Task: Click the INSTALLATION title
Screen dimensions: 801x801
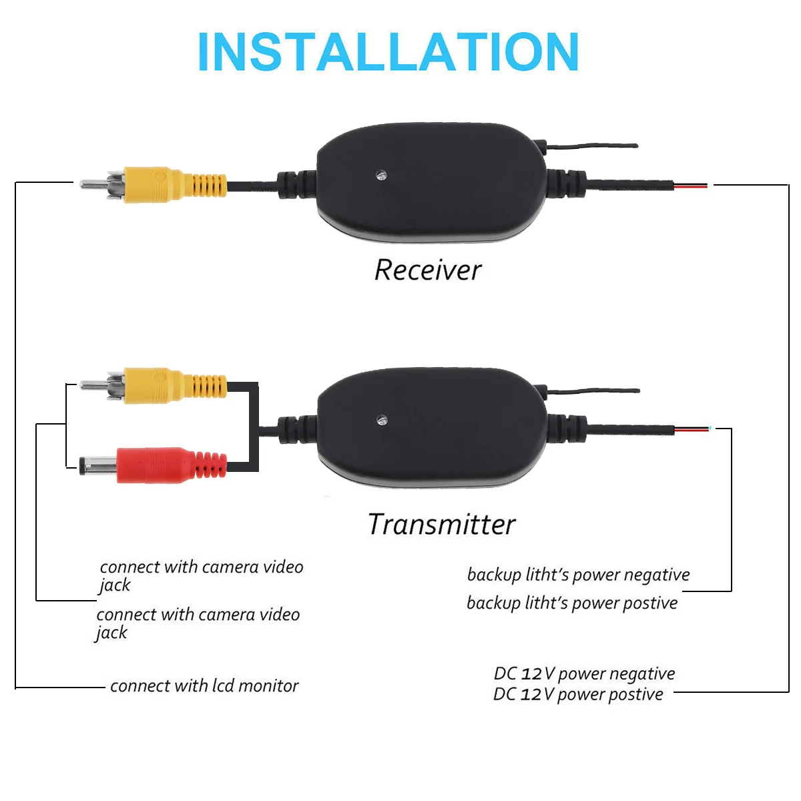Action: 388,52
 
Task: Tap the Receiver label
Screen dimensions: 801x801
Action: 427,270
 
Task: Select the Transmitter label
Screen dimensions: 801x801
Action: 441,525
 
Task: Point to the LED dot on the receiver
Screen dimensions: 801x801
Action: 380,176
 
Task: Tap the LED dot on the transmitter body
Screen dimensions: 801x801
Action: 381,421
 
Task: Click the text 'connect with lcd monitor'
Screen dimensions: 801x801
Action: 204,686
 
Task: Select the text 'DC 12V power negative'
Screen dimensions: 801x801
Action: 584,674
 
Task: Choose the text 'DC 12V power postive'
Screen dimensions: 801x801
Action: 578,694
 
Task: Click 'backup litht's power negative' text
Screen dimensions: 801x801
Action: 578,575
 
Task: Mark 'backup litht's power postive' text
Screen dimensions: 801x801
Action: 572,603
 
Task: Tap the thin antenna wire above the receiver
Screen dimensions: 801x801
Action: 594,145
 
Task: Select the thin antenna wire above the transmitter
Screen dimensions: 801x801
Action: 594,391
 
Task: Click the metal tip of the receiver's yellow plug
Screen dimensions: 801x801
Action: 93,184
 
